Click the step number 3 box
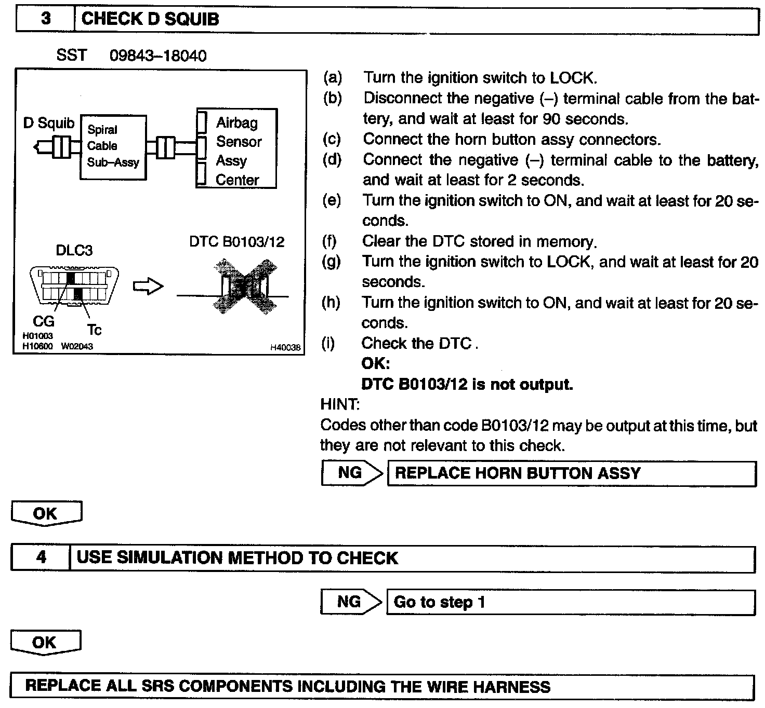[x=46, y=19]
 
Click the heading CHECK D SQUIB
[x=150, y=19]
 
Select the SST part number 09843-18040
[x=158, y=56]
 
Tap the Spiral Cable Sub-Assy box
[x=113, y=147]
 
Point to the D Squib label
[x=49, y=123]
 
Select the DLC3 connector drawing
[x=74, y=285]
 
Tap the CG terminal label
[x=43, y=322]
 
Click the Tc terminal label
[x=94, y=330]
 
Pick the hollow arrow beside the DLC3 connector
[x=148, y=287]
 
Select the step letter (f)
[x=329, y=241]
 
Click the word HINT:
[x=340, y=404]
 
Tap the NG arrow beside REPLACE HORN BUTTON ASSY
[x=352, y=473]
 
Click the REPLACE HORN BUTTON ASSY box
[x=572, y=473]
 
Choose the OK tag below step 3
[x=46, y=513]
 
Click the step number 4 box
[x=41, y=558]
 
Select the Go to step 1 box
[x=571, y=602]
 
